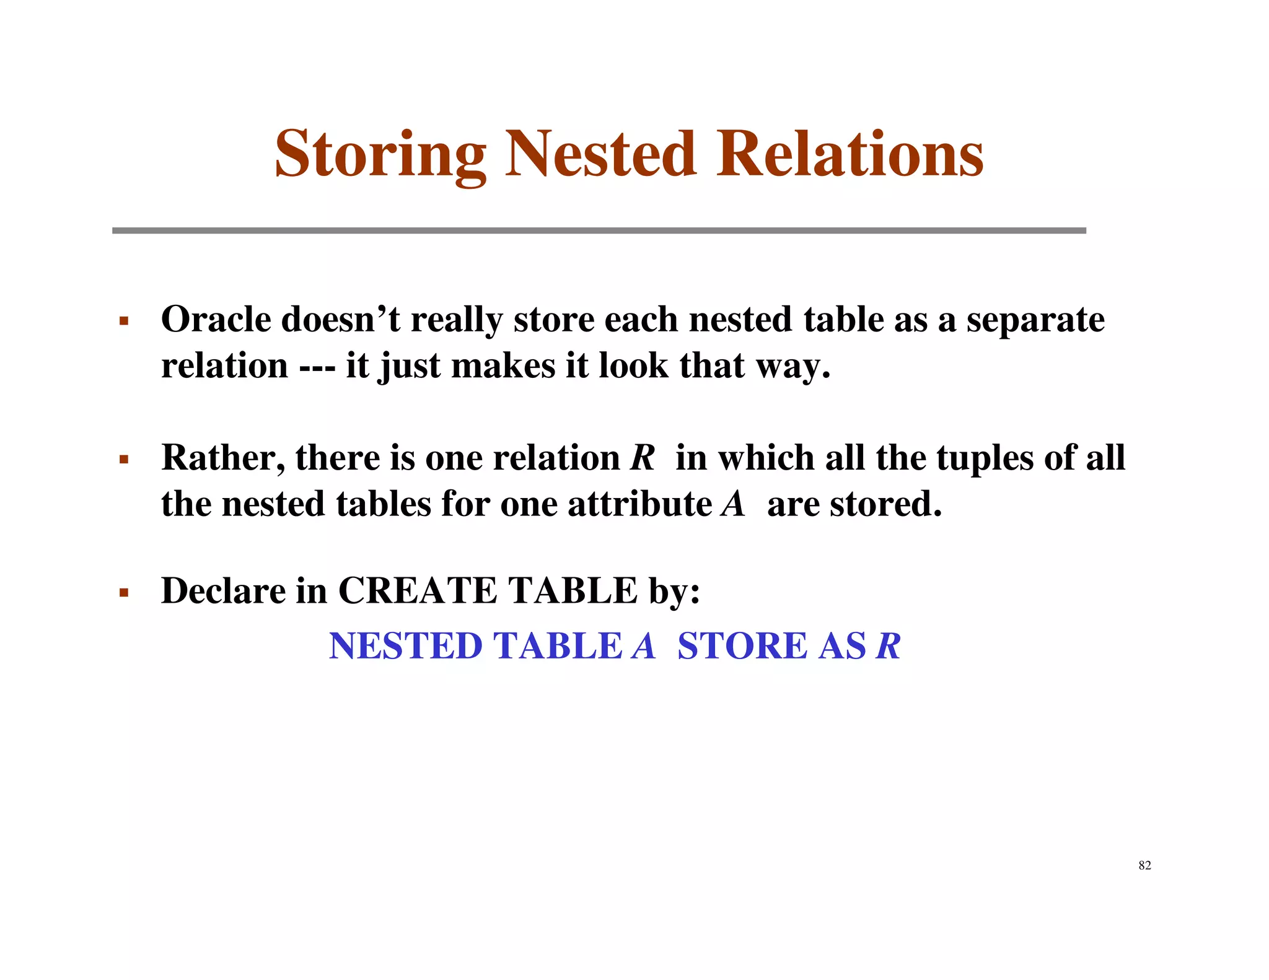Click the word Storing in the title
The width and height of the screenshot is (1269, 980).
[x=380, y=154]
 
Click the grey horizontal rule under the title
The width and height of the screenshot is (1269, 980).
[x=599, y=230]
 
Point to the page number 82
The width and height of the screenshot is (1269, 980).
[x=1144, y=865]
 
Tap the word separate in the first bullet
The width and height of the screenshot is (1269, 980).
[x=1035, y=321]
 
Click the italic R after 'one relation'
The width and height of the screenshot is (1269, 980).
[x=643, y=458]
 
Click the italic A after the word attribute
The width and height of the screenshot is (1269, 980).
[x=733, y=504]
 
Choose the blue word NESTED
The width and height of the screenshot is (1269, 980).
[x=405, y=646]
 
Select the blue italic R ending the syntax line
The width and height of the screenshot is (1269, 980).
[x=888, y=646]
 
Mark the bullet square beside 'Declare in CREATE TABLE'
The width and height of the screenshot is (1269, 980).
[x=124, y=593]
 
